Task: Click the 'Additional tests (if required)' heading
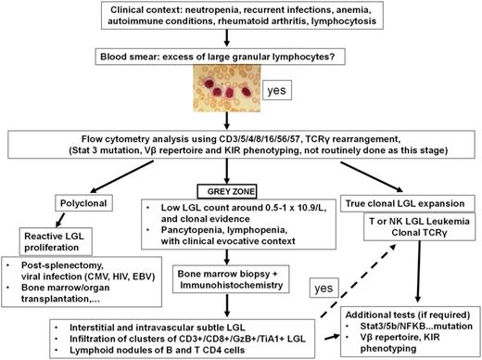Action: (408, 316)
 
